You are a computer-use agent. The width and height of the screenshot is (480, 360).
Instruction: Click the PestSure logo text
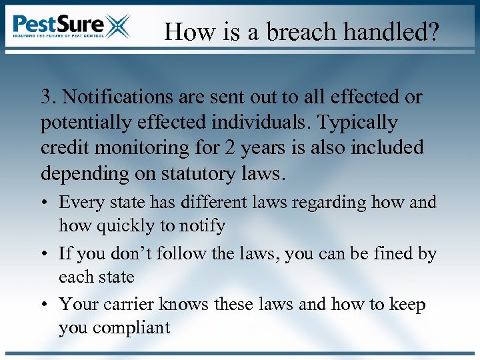tap(59, 25)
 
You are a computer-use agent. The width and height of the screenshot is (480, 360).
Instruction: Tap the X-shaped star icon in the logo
tap(117, 27)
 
